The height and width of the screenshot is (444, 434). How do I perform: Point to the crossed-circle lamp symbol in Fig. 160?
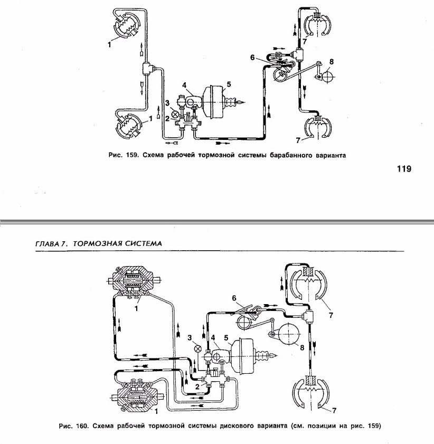click(197, 348)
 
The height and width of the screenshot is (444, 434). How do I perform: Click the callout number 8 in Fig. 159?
click(331, 61)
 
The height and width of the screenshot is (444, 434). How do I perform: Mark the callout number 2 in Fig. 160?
click(196, 386)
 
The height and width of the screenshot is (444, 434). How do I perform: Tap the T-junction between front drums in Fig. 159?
click(147, 68)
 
